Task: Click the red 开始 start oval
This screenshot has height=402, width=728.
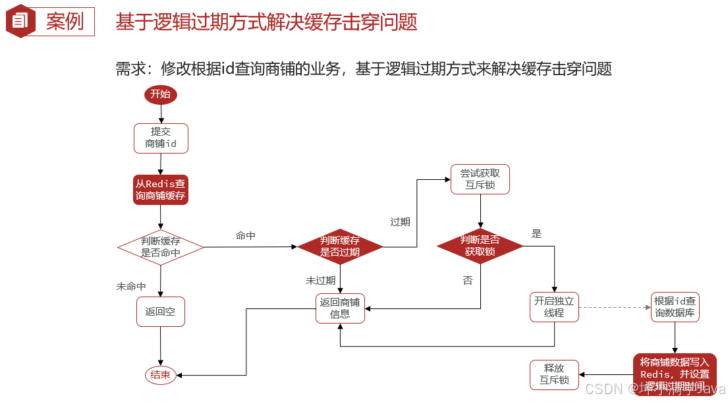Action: (161, 94)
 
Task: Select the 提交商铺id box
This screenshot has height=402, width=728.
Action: (161, 138)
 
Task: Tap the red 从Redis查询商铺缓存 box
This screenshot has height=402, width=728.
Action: (161, 190)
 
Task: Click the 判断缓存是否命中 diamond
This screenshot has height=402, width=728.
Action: (161, 247)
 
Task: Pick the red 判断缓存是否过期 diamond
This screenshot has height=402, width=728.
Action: (340, 246)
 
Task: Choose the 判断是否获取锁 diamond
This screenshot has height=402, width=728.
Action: (480, 246)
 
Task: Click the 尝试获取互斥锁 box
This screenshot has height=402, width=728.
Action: (480, 179)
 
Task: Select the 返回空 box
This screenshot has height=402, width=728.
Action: (161, 312)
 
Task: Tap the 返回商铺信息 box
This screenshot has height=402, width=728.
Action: (340, 308)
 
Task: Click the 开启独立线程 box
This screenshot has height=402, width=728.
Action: (554, 307)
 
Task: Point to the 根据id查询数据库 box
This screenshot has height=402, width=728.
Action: (675, 307)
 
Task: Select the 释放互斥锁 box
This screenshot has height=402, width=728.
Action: (554, 374)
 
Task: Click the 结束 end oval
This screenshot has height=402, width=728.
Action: (161, 375)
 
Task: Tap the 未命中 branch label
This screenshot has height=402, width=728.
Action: (131, 287)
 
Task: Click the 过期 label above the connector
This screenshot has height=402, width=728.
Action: (400, 222)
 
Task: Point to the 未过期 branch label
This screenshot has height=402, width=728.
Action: (321, 280)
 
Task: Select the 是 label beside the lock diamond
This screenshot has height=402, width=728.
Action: (536, 233)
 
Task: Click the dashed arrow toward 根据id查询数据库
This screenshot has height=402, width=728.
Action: (614, 307)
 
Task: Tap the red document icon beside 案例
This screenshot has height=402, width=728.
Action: (20, 21)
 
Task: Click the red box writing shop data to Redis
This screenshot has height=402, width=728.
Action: (675, 374)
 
